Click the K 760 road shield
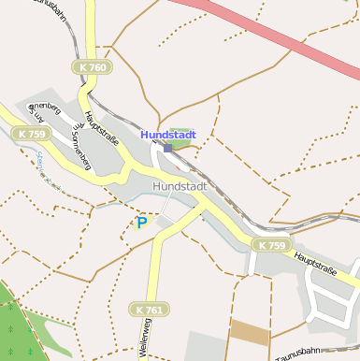coord(93,67)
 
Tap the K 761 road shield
coord(149,310)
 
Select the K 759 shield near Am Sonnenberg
coord(32,134)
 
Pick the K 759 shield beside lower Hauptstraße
coord(272,245)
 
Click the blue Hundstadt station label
coord(168,135)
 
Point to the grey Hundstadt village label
coord(179,186)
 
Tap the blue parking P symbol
coord(142,223)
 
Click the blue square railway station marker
coord(168,148)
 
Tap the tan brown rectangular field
coord(249,332)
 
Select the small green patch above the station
coord(180,135)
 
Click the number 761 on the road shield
coord(154,310)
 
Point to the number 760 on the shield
coord(98,67)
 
